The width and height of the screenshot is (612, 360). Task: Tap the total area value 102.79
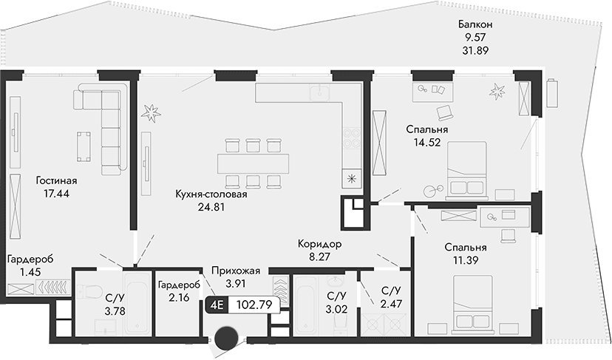(x=249, y=303)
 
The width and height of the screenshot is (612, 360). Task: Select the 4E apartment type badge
(x=217, y=303)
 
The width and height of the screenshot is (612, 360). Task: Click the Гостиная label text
(x=56, y=180)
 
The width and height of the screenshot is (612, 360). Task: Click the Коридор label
(x=320, y=245)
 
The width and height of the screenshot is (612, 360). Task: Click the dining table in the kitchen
(x=253, y=162)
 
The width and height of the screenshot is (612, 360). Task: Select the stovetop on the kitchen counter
(x=350, y=138)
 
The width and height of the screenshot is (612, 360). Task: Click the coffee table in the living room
(x=84, y=145)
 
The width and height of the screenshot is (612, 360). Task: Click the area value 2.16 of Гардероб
(x=178, y=297)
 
